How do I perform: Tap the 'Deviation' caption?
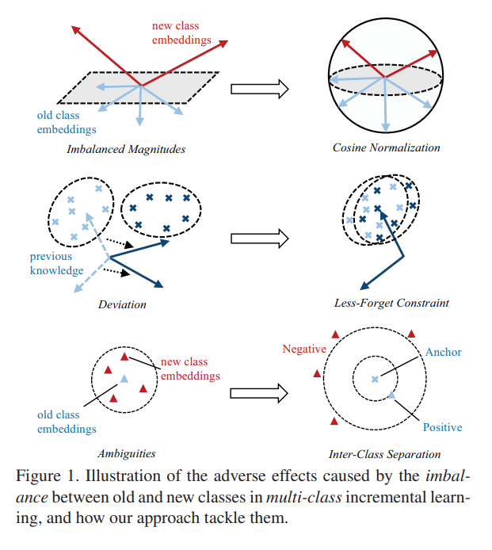pos(122,304)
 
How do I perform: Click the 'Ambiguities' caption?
pos(126,454)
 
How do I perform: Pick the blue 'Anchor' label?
pos(443,352)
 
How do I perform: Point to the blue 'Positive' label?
pos(442,427)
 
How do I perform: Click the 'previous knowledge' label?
pos(56,263)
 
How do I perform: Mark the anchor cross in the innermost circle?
pos(376,380)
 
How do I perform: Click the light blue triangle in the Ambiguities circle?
pos(123,380)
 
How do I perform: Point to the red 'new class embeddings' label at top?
pos(181,32)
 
